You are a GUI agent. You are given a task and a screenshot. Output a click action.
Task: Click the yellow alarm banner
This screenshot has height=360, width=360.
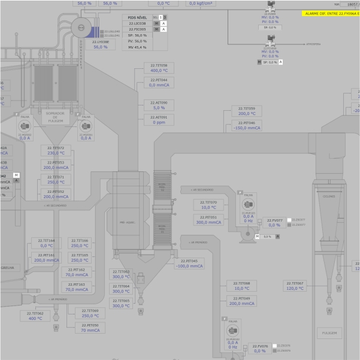(x=331, y=13)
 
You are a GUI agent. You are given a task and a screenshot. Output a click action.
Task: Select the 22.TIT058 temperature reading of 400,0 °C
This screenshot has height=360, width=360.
(x=159, y=71)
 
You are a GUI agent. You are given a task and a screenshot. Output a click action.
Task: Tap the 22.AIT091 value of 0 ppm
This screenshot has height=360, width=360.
(x=159, y=122)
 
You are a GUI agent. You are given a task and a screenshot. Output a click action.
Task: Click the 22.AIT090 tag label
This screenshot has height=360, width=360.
(x=159, y=102)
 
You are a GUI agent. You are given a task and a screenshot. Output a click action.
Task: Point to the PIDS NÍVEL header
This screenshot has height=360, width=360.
(x=137, y=17)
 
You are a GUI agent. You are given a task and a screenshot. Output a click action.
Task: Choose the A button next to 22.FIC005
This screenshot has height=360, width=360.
(x=164, y=29)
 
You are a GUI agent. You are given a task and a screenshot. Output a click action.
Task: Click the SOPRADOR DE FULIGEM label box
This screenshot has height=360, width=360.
(x=55, y=116)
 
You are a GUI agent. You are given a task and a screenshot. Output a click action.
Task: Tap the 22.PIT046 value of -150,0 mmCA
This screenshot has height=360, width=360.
(x=247, y=128)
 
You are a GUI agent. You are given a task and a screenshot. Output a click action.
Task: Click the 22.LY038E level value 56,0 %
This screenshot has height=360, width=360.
(x=100, y=47)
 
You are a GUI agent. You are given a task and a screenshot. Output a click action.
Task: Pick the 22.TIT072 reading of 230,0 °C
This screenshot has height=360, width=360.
(x=56, y=153)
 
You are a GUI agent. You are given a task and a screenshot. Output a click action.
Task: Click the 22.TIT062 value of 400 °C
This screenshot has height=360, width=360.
(x=35, y=318)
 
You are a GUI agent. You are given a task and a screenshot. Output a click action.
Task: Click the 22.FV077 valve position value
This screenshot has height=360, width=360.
(x=274, y=225)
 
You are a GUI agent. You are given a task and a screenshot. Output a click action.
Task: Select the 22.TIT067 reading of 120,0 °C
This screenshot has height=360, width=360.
(x=295, y=288)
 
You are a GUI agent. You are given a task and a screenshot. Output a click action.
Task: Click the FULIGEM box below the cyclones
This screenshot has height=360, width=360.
(x=329, y=332)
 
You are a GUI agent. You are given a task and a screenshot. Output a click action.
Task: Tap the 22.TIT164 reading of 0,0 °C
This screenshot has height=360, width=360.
(x=47, y=246)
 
